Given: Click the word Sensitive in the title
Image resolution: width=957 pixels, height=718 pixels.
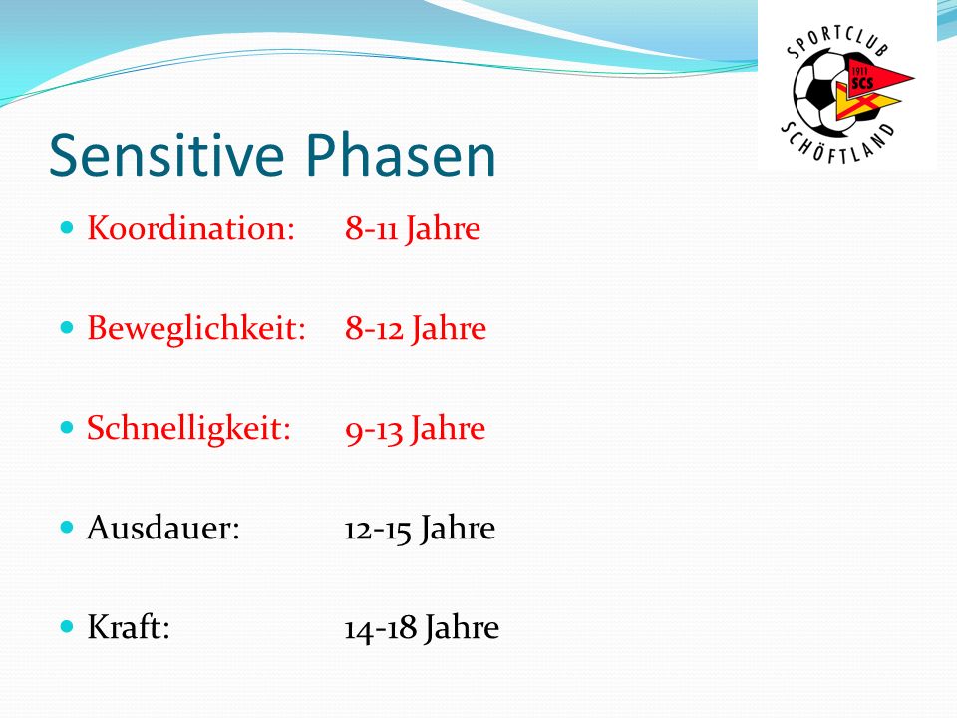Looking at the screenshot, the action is point(166,156).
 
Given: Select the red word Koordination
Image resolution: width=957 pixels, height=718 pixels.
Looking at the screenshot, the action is point(191,228).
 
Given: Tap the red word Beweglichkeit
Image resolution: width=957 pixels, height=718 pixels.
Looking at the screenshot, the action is point(196,329).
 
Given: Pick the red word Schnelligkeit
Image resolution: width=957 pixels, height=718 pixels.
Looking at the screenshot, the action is point(188,429).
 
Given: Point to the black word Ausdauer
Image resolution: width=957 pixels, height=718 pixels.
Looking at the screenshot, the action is point(162,528).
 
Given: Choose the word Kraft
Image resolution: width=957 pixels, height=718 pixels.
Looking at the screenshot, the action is point(129,627).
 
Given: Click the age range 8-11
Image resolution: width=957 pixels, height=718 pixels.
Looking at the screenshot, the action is point(371,229).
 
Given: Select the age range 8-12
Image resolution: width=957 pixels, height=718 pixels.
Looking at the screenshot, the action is point(374,329).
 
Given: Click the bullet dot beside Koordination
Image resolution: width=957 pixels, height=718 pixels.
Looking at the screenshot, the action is point(67,228).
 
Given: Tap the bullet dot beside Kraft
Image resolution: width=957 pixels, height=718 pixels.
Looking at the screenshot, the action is point(67,626).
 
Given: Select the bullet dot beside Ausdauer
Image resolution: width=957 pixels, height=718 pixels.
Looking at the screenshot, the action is point(67,527).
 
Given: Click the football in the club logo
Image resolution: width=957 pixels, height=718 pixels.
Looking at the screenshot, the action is point(820,95).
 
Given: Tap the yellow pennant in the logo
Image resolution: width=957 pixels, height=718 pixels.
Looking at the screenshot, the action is point(863,102).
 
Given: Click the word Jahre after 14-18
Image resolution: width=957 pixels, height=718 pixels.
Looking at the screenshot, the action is point(462,628).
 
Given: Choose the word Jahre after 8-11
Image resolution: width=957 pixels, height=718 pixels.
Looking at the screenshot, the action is point(443,229).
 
